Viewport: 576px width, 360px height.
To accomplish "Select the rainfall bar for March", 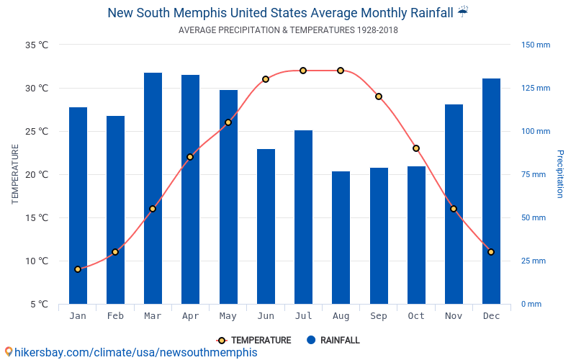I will [x=153, y=189].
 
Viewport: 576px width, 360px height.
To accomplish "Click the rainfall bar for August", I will [x=341, y=238].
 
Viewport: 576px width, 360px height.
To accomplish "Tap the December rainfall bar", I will [x=491, y=192].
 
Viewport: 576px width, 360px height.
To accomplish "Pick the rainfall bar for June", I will [x=266, y=226].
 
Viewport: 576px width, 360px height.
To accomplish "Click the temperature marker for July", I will [x=303, y=71].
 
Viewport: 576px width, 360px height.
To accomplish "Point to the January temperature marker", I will [x=78, y=269].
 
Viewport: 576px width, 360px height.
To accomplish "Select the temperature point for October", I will [x=416, y=148].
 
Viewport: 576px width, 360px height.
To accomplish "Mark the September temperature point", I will [x=379, y=96].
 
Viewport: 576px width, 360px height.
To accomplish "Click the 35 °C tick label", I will [x=37, y=45].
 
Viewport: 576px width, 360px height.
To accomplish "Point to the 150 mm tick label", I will [x=536, y=45].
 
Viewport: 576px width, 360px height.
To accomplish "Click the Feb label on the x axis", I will [x=115, y=316].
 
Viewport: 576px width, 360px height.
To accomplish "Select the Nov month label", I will [x=454, y=316].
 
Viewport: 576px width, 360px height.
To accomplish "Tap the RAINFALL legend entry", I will [x=333, y=340].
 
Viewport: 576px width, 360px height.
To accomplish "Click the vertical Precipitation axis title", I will [x=560, y=174].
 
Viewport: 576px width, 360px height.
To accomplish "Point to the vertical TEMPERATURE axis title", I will [x=15, y=174].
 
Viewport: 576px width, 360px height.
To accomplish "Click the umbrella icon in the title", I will [x=462, y=12].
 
